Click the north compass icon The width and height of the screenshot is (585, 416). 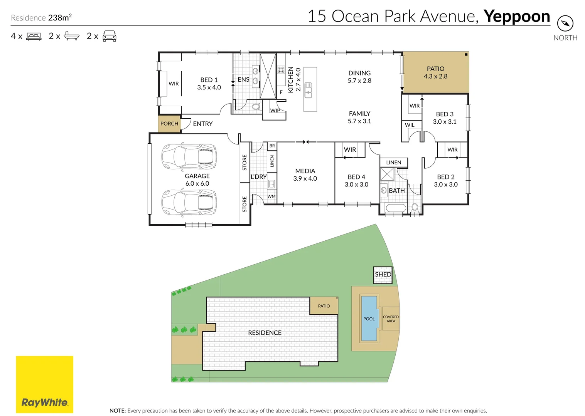565,23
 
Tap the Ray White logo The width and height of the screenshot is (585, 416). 45,384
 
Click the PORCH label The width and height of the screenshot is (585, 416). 169,124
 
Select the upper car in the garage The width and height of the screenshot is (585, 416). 189,157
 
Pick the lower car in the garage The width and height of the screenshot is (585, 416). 189,202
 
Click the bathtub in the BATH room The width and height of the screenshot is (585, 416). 396,208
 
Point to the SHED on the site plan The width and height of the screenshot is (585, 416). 383,275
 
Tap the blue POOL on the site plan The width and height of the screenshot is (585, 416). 369,318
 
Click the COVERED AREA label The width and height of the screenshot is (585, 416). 391,319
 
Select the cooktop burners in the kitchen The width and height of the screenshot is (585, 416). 281,70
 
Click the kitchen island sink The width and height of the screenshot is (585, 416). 309,90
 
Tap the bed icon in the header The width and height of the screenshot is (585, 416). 34,36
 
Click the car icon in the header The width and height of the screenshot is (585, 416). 110,36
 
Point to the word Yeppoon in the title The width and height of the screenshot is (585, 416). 517,17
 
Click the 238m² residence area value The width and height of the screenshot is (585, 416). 60,17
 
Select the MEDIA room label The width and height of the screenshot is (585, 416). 305,171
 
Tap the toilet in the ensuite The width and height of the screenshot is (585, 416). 256,106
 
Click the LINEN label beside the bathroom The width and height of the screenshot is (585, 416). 394,162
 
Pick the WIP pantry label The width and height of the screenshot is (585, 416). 275,110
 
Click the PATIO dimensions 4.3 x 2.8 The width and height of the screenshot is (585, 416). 435,76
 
